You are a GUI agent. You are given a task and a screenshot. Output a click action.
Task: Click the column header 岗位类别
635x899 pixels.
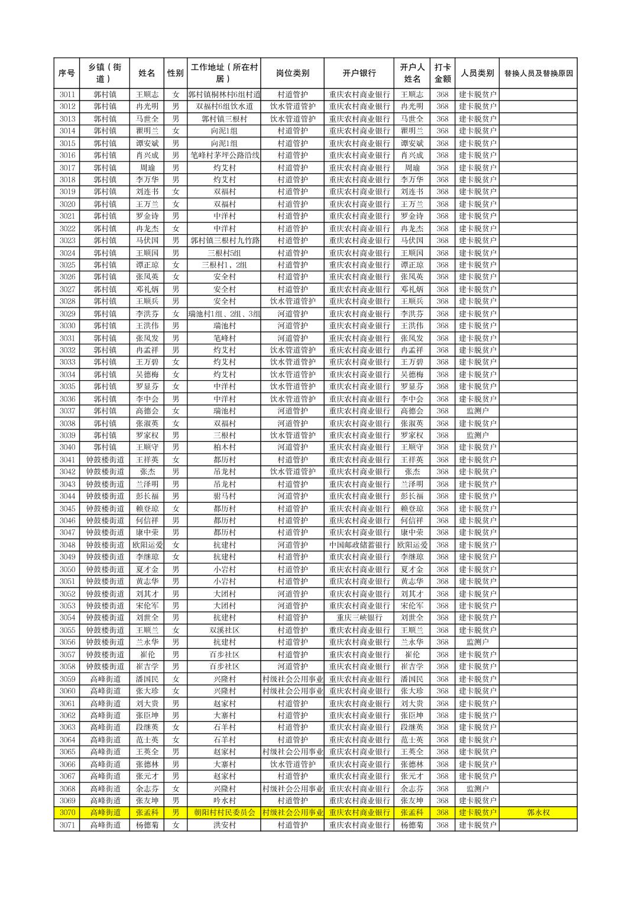[292, 73]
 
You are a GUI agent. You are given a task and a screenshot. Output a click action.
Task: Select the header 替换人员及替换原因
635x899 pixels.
[537, 73]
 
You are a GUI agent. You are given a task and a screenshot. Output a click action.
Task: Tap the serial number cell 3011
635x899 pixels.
[67, 95]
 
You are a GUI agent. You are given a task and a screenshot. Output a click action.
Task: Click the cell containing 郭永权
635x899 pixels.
[537, 813]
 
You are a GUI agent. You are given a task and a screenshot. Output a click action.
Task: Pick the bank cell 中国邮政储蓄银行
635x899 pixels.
[359, 545]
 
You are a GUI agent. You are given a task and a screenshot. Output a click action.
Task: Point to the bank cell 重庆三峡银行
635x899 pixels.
[359, 617]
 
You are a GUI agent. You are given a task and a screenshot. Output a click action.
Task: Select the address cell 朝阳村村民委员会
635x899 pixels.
[224, 813]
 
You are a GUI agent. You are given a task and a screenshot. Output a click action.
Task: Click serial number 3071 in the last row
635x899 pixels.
[67, 825]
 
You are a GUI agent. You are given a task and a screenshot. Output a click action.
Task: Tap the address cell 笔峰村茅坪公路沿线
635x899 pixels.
[224, 155]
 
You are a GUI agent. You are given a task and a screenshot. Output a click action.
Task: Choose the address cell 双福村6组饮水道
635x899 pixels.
[224, 106]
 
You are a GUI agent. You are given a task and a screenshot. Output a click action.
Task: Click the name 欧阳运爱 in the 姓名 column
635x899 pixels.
[147, 545]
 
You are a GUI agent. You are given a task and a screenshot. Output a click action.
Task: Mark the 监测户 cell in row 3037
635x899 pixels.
[477, 410]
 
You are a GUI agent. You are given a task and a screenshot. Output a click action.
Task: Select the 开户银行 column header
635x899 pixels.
[359, 73]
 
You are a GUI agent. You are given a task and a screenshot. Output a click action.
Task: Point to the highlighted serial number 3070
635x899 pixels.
[67, 813]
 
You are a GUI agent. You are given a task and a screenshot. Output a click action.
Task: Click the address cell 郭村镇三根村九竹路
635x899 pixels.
[224, 240]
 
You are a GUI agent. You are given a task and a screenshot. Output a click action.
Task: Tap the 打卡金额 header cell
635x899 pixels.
[442, 73]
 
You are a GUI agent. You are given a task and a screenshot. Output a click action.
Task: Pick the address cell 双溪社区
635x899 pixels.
[224, 630]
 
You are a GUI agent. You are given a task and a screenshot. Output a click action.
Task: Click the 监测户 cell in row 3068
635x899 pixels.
[477, 788]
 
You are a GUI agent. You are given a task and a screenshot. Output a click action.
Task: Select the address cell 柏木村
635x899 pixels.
[224, 447]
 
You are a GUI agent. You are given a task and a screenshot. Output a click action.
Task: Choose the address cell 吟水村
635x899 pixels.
[224, 801]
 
